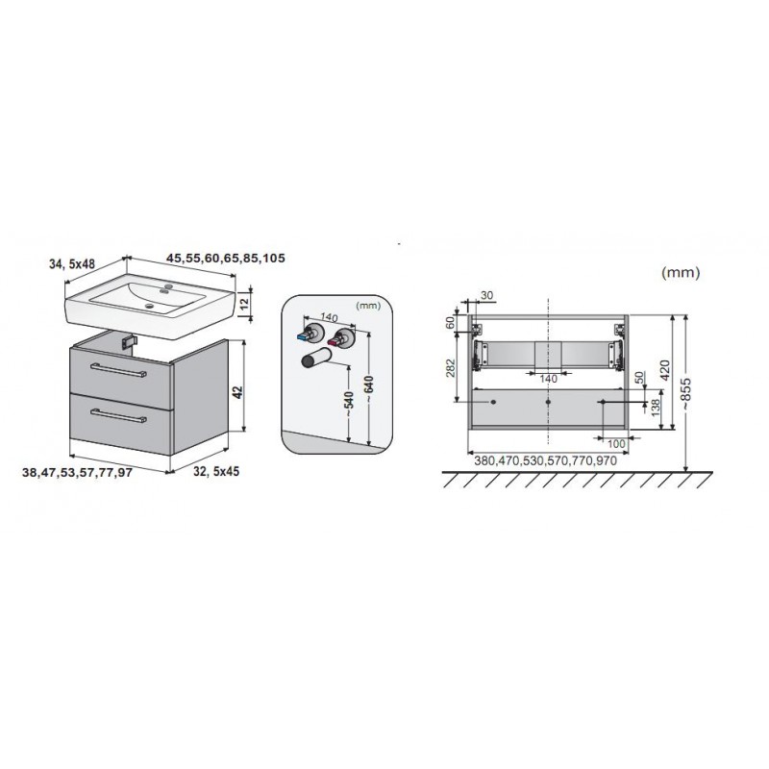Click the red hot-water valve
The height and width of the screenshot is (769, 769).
(340, 339)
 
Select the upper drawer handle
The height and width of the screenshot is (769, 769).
(118, 370)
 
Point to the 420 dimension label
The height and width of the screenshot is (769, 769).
(665, 370)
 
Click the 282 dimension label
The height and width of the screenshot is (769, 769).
(451, 368)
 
